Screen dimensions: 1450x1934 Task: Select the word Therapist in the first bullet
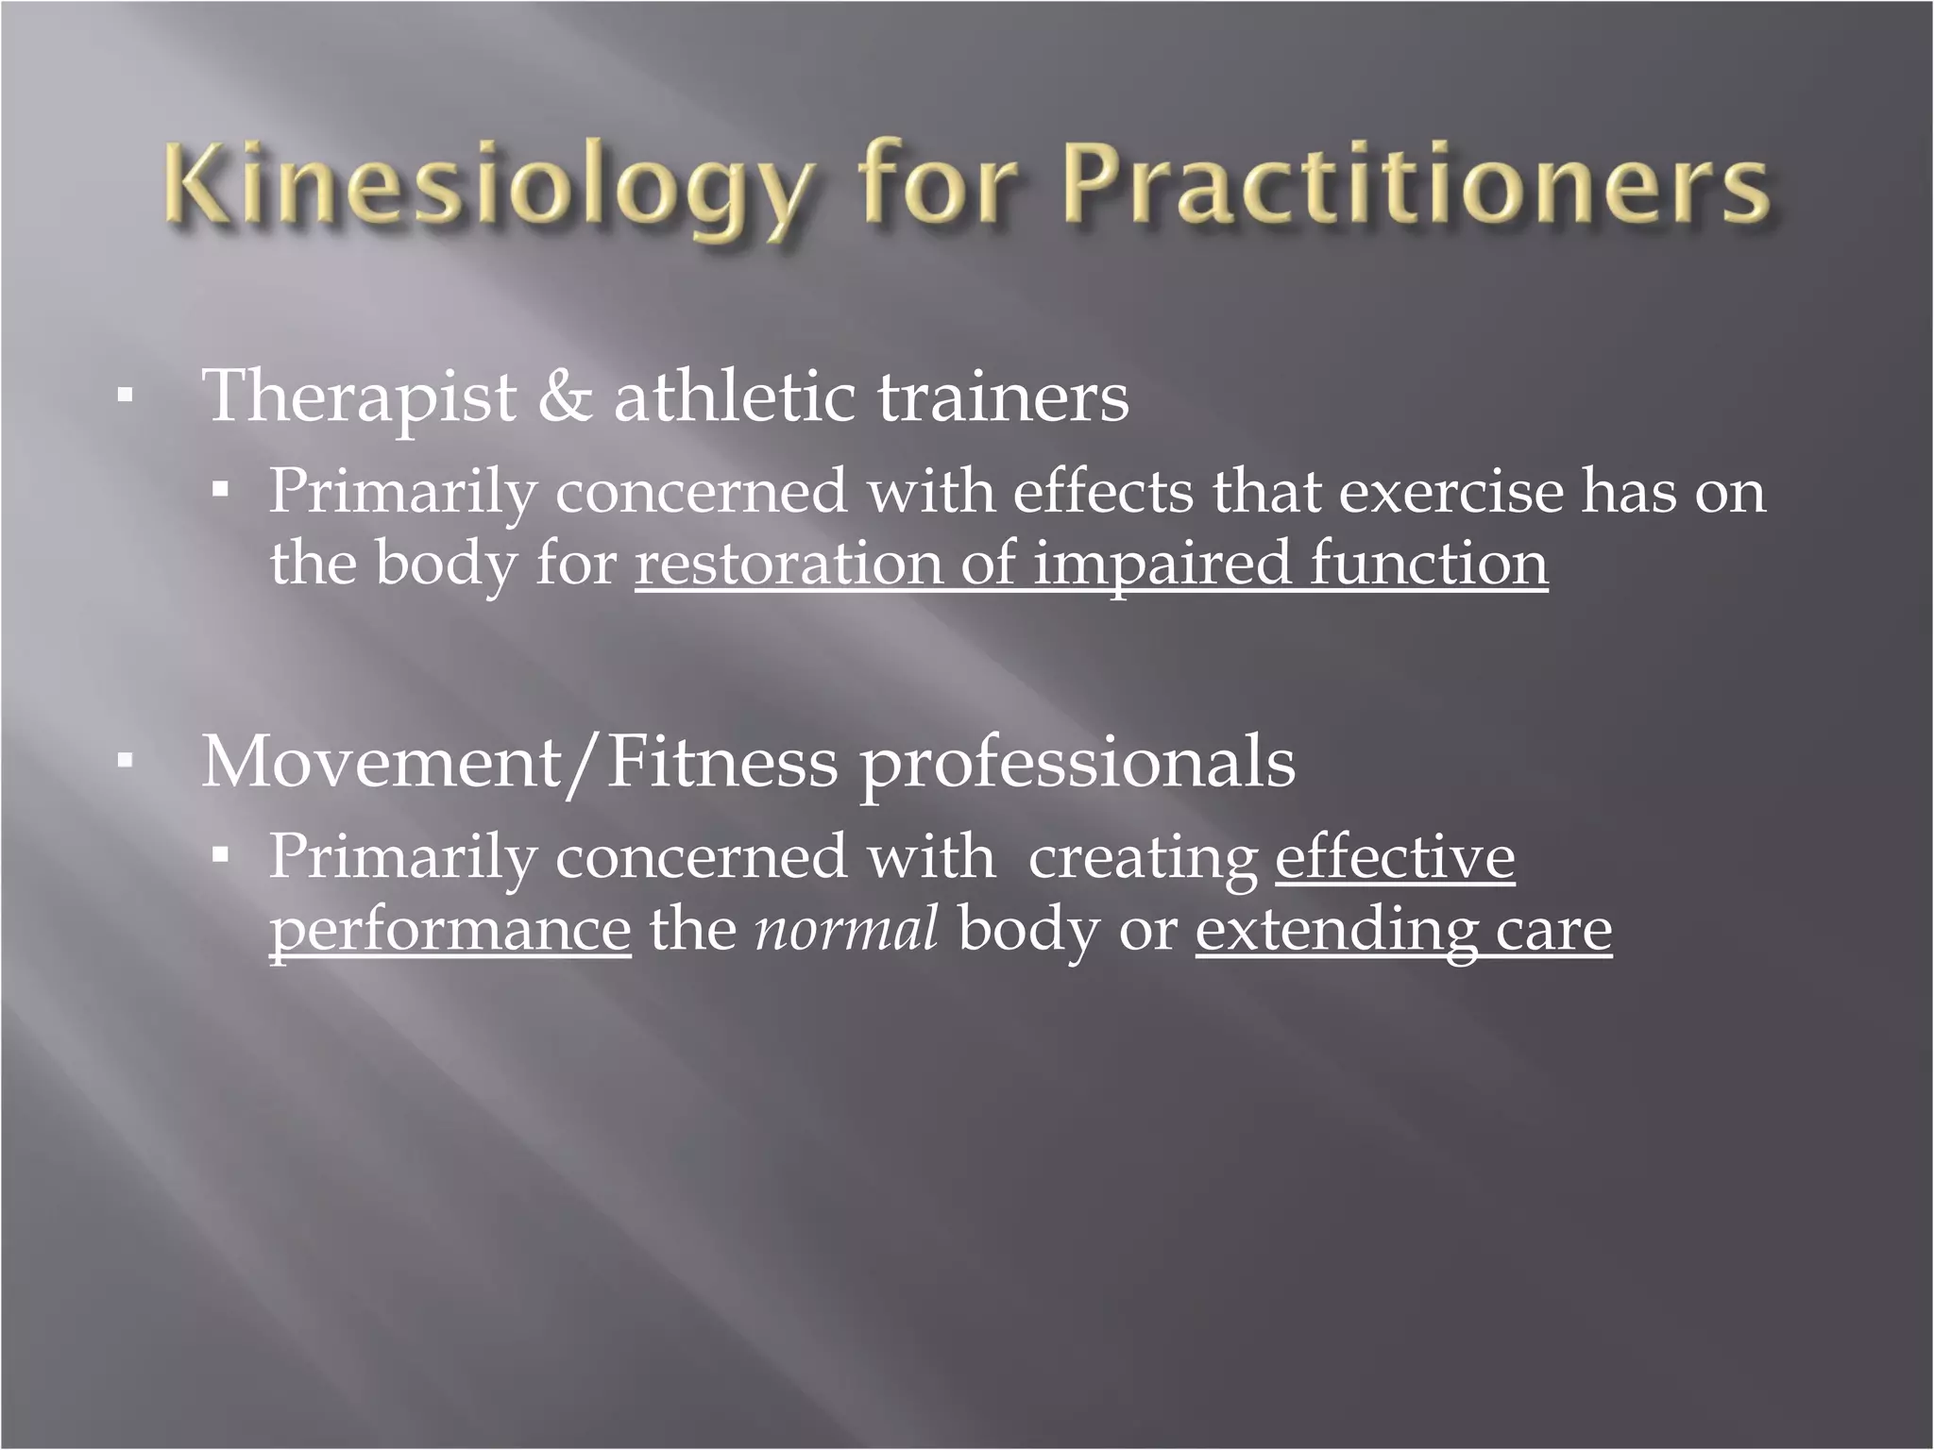[360, 397]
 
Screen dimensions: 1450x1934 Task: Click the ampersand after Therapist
[565, 397]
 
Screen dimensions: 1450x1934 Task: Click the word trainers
[1003, 397]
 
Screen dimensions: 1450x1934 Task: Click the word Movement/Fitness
[518, 763]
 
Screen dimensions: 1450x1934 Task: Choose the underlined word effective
[1395, 857]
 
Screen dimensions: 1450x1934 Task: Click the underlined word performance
[450, 931]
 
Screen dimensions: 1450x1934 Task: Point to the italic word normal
[846, 929]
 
